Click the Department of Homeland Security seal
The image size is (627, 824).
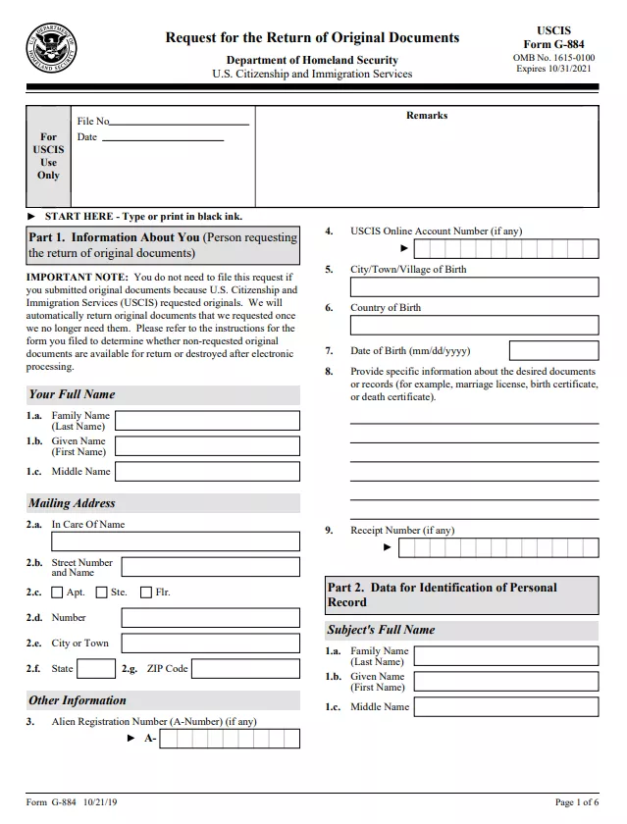(x=52, y=48)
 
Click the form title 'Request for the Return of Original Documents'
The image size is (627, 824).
(x=312, y=38)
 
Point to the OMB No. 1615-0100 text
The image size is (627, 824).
(x=555, y=58)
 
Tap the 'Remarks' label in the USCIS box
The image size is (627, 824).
(x=427, y=116)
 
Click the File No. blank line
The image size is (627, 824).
(x=180, y=122)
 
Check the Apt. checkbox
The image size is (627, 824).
(x=57, y=592)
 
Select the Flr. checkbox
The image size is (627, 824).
(x=146, y=592)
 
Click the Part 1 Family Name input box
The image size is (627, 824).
(x=207, y=421)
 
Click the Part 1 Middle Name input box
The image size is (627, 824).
(x=207, y=472)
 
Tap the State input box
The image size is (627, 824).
(x=96, y=669)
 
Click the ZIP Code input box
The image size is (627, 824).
(x=245, y=669)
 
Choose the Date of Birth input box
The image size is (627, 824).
(x=553, y=350)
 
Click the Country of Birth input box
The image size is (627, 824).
(x=474, y=326)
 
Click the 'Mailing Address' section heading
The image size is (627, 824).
(x=72, y=503)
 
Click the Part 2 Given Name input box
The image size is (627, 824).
(x=506, y=682)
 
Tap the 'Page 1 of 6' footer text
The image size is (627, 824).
(x=576, y=802)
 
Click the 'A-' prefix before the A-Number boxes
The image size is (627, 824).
(x=151, y=739)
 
